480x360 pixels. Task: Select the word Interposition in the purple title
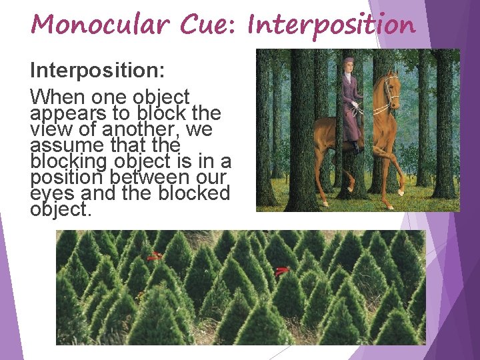331,25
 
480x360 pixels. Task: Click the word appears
67,112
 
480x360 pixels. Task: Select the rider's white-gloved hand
357,104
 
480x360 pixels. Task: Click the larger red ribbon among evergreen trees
283,271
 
